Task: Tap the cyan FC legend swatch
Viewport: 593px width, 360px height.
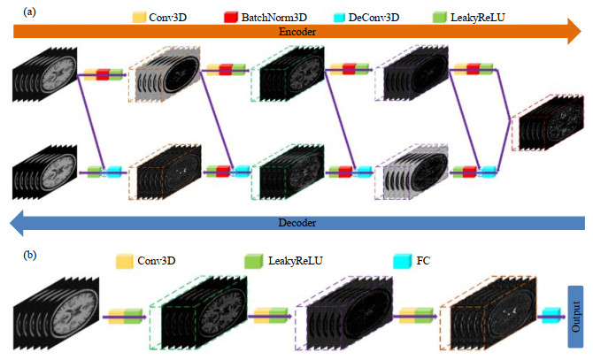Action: coord(400,262)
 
